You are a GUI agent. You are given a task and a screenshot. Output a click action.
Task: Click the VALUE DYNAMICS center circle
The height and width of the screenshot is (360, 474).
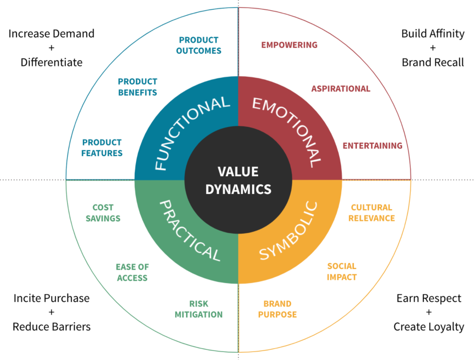click(238, 179)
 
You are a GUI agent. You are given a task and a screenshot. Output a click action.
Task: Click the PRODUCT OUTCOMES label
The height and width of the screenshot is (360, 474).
click(199, 45)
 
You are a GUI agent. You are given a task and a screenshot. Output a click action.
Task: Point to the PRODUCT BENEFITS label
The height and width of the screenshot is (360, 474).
click(137, 87)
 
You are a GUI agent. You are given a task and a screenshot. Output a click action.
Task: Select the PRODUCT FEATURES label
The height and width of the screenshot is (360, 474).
click(102, 147)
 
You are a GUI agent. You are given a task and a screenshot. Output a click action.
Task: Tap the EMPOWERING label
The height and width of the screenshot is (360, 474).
click(289, 45)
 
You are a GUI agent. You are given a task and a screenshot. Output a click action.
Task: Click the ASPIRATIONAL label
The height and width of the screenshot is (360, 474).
click(341, 89)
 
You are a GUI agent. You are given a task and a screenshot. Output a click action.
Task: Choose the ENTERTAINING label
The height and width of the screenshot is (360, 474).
click(372, 146)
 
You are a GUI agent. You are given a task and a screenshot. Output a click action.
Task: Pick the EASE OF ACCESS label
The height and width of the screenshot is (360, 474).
click(132, 273)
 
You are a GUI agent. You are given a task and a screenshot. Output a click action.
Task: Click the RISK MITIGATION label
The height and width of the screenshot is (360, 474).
click(199, 309)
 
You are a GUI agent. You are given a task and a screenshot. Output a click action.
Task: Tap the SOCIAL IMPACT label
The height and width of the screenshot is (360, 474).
click(342, 272)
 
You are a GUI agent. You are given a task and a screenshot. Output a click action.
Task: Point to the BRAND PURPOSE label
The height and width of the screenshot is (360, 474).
click(277, 309)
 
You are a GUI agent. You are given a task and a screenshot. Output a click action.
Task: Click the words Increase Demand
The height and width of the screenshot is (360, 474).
click(52, 34)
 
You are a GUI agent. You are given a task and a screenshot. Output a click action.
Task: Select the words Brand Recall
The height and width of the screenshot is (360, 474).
click(433, 63)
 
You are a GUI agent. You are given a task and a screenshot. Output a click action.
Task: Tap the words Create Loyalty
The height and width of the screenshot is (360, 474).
click(428, 327)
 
